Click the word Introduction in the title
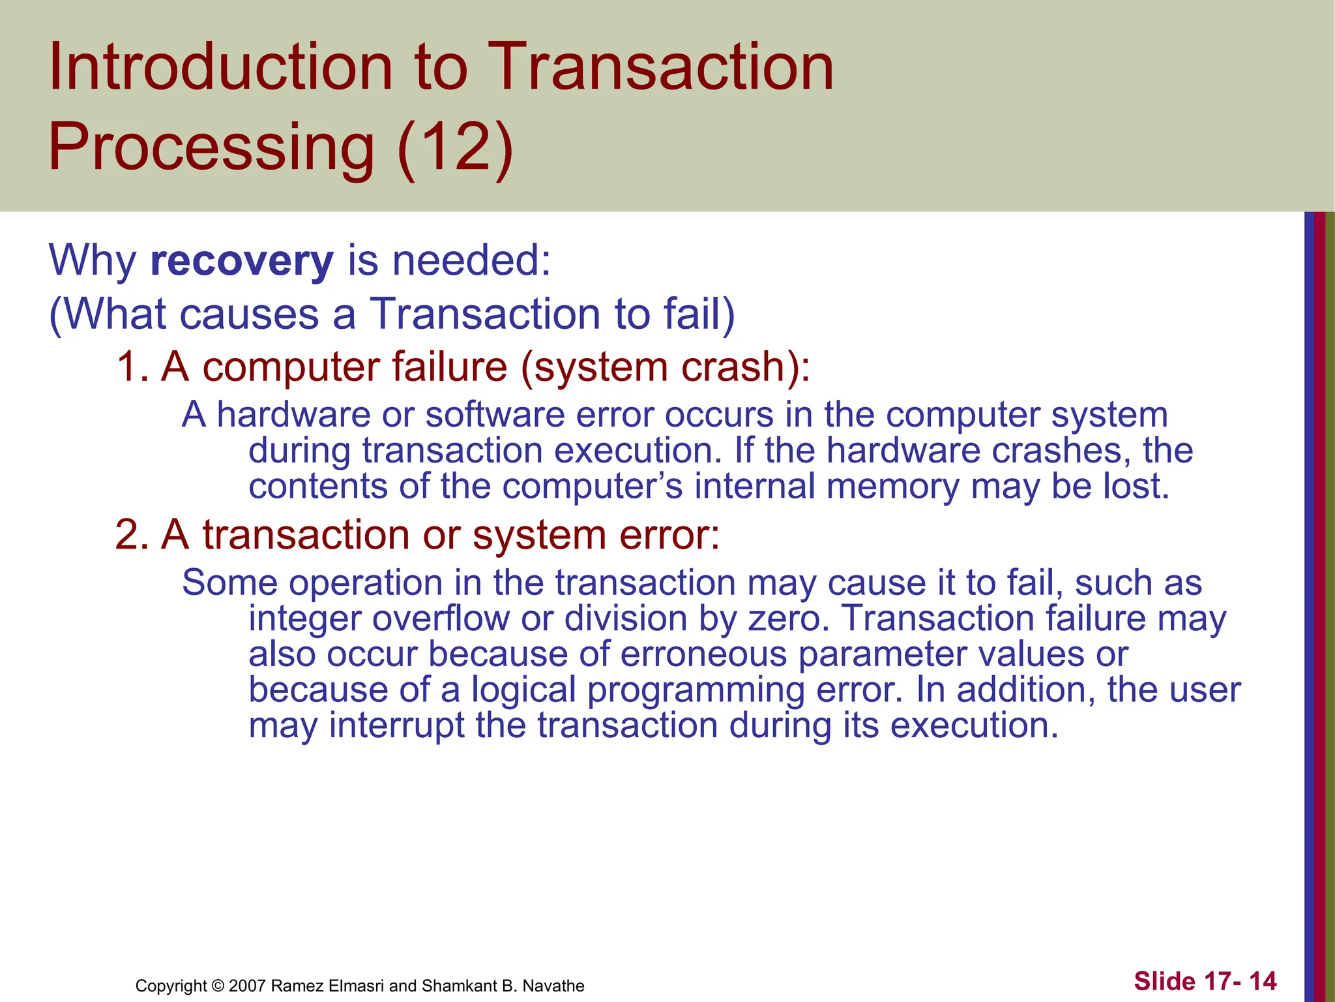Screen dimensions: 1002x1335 click(x=220, y=67)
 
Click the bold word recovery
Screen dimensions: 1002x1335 click(x=242, y=261)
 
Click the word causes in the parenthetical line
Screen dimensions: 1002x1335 click(x=248, y=314)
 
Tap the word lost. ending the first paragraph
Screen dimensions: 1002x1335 click(x=1136, y=487)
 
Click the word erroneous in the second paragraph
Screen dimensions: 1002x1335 click(x=703, y=654)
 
